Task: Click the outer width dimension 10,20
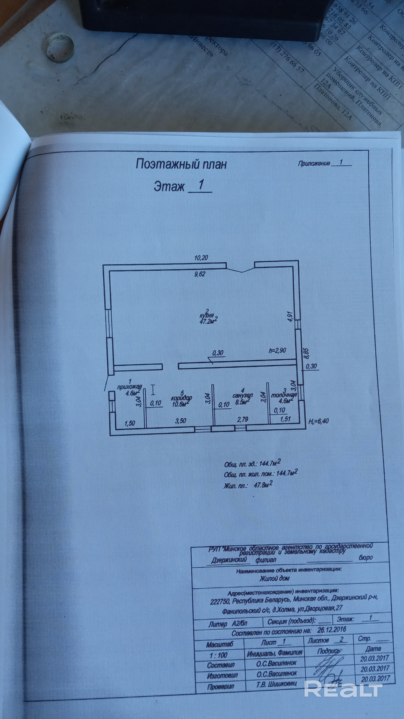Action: [x=201, y=258]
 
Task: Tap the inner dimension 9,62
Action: [x=200, y=274]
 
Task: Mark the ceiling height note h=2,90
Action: [x=277, y=350]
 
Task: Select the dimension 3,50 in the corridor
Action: [x=180, y=421]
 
